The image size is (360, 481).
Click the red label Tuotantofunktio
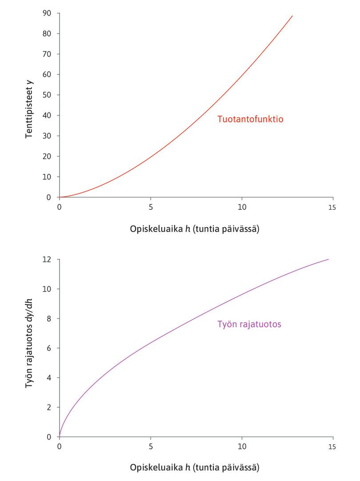click(x=250, y=119)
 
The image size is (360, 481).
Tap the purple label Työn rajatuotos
click(x=249, y=324)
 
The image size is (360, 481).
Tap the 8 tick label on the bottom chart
click(x=50, y=318)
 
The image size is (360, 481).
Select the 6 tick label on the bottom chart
click(x=50, y=348)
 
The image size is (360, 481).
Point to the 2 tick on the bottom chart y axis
click(x=50, y=407)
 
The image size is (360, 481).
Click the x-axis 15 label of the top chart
click(x=332, y=207)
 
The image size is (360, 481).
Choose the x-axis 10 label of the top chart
click(x=242, y=207)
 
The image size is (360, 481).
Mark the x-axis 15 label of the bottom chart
click(x=332, y=447)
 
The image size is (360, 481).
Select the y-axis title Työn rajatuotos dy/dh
click(x=29, y=349)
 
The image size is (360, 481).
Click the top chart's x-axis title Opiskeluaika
click(x=195, y=229)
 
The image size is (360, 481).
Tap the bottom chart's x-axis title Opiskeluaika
click(x=195, y=468)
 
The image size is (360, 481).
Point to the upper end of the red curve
click(x=292, y=16)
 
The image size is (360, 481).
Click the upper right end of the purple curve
click(x=328, y=259)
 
